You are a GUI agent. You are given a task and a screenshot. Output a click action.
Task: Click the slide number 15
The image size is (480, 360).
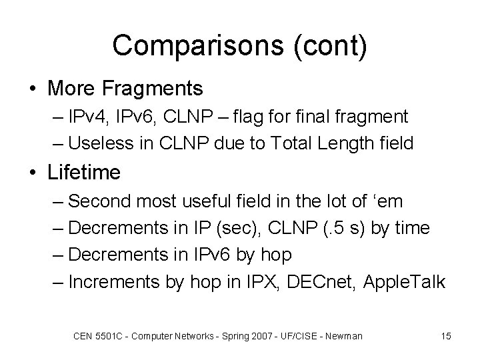point(445,336)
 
